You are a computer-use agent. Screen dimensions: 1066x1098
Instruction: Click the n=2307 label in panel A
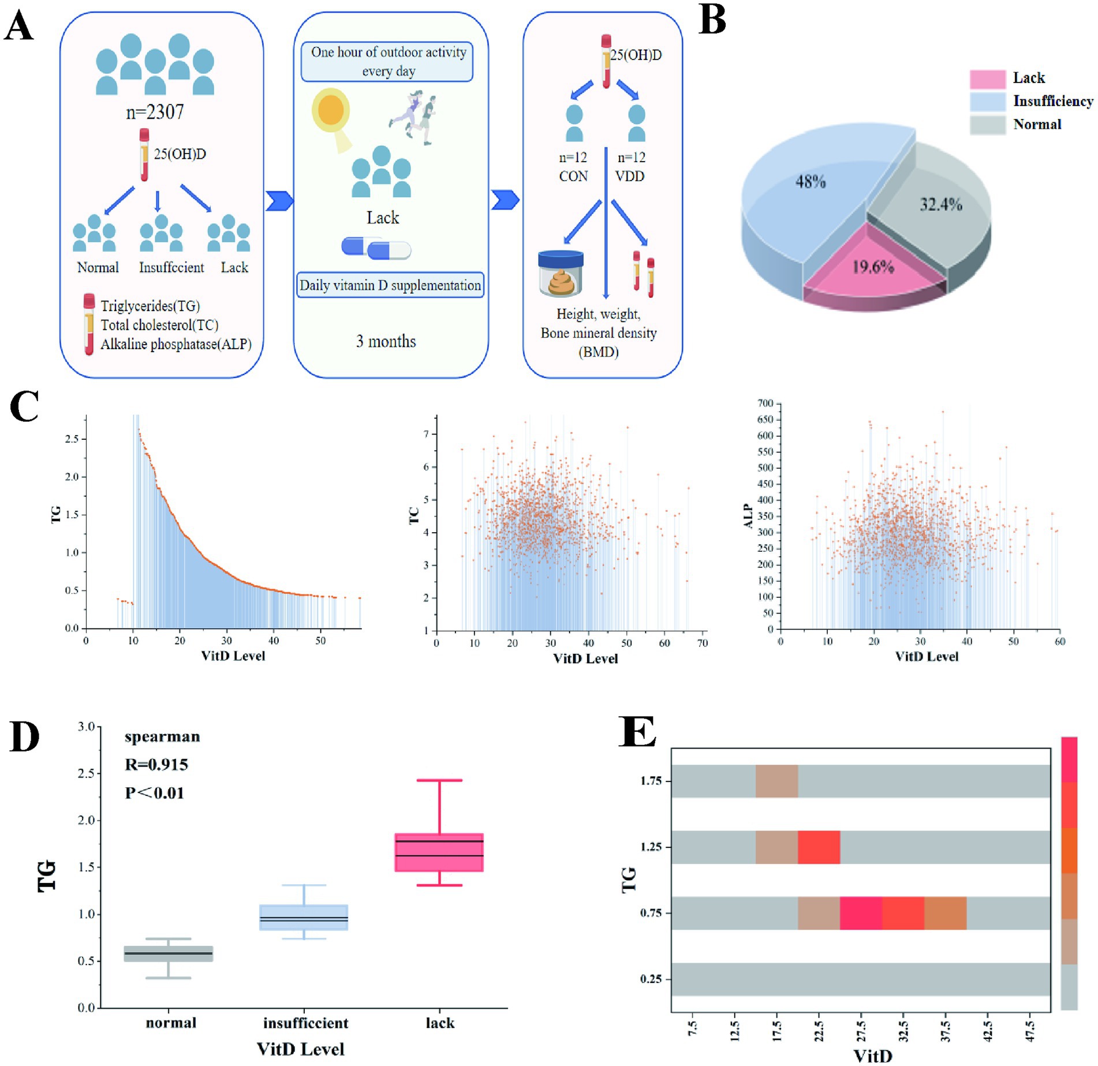[x=155, y=111]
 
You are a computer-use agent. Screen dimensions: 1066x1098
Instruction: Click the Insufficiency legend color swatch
[x=987, y=102]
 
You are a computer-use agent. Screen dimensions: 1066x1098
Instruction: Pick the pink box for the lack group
[x=439, y=852]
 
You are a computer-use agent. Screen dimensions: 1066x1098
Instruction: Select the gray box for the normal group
[x=169, y=953]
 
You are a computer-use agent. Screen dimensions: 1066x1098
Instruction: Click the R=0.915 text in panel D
[x=156, y=765]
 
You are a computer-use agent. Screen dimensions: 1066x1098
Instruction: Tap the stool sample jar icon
[x=561, y=274]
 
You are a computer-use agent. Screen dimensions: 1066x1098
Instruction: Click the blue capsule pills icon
[x=376, y=248]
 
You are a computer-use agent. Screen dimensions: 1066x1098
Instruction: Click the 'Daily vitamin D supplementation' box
[x=390, y=285]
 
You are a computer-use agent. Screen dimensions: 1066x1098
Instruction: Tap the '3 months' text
[x=386, y=341]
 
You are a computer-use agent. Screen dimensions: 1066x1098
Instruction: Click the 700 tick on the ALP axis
[x=765, y=403]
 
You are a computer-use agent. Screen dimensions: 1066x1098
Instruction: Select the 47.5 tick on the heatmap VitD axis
[x=1029, y=1031]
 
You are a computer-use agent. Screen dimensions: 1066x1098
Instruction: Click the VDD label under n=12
[x=630, y=176]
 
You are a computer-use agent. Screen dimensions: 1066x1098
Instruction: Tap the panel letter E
[x=637, y=732]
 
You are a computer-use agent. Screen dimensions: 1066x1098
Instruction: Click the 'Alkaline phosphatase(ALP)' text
[x=176, y=345]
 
